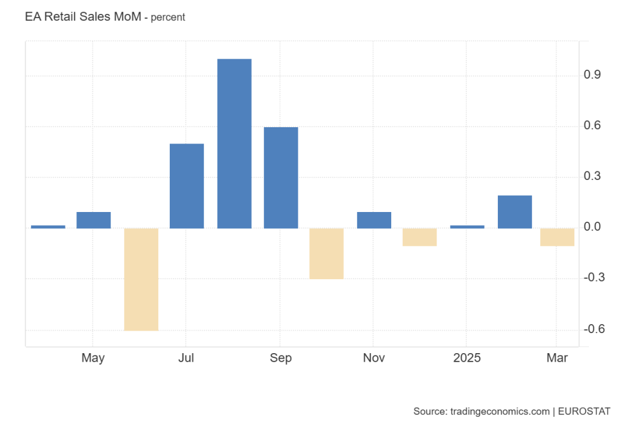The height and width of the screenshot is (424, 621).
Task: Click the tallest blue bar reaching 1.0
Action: [x=234, y=144]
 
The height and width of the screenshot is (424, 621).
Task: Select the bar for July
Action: [x=187, y=186]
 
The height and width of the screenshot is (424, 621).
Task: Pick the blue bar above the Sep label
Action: [x=281, y=177]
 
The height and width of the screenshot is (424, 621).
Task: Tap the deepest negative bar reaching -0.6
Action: [x=141, y=279]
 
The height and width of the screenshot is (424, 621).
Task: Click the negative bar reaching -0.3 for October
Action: [x=326, y=254]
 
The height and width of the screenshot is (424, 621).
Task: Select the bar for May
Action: [x=93, y=220]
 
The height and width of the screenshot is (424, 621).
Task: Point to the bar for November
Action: [x=374, y=220]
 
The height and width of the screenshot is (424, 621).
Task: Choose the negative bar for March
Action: [x=557, y=237]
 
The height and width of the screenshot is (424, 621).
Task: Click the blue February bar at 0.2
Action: [x=514, y=212]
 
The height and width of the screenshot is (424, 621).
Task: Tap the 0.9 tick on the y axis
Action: [x=592, y=75]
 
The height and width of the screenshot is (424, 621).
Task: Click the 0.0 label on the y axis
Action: [x=592, y=228]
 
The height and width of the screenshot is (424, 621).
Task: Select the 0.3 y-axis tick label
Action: [x=592, y=177]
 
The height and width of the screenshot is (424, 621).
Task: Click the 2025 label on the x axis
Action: [x=466, y=358]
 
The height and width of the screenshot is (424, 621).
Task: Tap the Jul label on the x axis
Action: [x=186, y=358]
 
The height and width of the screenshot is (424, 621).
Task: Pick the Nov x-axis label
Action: [x=374, y=358]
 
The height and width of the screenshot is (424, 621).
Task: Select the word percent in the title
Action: [x=168, y=18]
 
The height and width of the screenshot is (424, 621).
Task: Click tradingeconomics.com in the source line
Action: [x=498, y=411]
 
